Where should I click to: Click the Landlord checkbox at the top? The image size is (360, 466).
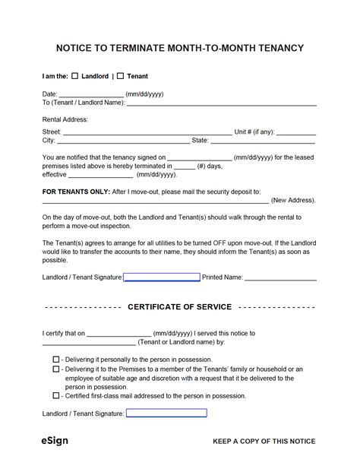[x=75, y=77]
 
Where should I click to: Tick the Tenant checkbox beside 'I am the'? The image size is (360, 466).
[x=121, y=77]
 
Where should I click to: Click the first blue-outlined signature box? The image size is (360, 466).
[x=162, y=277]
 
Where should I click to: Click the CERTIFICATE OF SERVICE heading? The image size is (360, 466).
[x=179, y=307]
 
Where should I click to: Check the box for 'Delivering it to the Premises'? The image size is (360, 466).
[x=56, y=368]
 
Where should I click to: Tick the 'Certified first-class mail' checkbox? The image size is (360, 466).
[x=56, y=395]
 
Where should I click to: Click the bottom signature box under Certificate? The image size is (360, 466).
[x=166, y=414]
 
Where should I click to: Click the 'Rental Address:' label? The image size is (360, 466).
[x=66, y=119]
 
